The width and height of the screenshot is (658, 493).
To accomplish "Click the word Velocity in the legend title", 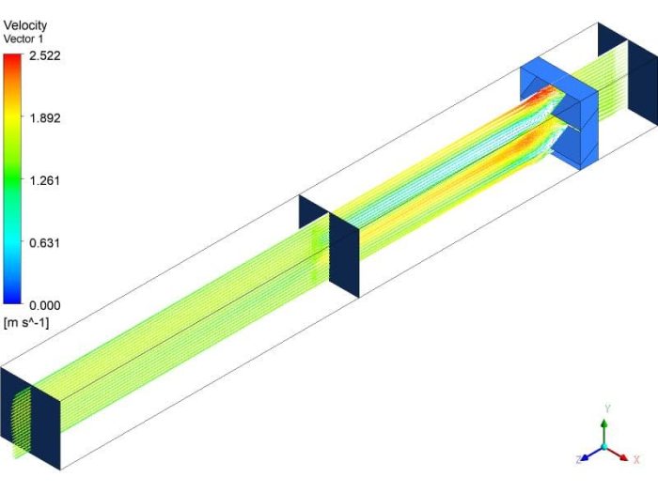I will pyautogui.click(x=25, y=24).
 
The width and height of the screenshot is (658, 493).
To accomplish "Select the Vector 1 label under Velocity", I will pyautogui.click(x=24, y=38).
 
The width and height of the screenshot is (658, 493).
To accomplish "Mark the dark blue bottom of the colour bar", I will pyautogui.click(x=12, y=299).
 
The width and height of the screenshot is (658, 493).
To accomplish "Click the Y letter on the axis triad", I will pyautogui.click(x=608, y=409).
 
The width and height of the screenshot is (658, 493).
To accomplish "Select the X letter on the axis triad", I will pyautogui.click(x=636, y=459).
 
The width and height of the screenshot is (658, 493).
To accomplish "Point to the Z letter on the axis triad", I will pyautogui.click(x=577, y=460).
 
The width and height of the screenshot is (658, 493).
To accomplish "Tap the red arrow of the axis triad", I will pyautogui.click(x=619, y=453).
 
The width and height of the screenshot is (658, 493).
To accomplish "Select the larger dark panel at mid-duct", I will pyautogui.click(x=344, y=254).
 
